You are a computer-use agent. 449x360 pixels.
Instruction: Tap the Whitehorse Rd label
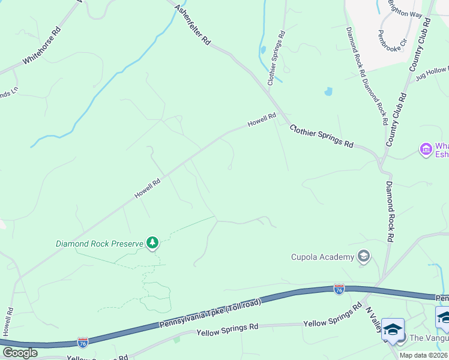41,45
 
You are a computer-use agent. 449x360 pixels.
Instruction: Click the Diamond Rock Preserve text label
100,244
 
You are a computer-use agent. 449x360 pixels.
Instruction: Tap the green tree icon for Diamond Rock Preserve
153,242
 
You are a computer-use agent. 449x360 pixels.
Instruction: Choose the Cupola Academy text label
323,257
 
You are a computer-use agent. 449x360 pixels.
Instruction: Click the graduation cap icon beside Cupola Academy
363,257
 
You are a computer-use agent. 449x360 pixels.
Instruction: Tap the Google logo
19,353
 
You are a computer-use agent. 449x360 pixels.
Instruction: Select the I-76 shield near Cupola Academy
339,290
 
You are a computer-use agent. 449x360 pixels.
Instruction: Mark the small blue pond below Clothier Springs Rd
328,92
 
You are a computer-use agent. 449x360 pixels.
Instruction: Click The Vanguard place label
428,338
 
